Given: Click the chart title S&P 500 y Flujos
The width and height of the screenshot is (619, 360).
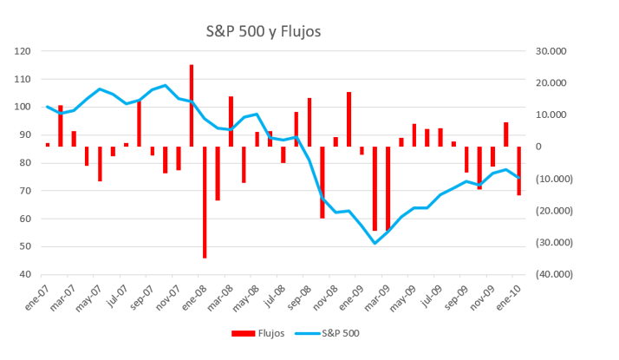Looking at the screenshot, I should (x=263, y=32).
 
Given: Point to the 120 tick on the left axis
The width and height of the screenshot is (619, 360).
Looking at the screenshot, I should (x=23, y=51).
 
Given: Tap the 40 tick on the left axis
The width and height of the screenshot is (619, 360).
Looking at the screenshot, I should (x=25, y=274).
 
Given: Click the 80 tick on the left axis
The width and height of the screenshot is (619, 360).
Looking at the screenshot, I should (x=25, y=163).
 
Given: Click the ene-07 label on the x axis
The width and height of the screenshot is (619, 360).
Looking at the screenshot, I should (x=37, y=298).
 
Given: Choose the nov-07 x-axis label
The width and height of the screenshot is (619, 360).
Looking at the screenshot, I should (x=168, y=298).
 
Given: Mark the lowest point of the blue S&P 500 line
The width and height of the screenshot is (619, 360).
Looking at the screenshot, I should (x=375, y=243).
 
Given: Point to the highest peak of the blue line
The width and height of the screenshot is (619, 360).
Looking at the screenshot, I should (x=166, y=85).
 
